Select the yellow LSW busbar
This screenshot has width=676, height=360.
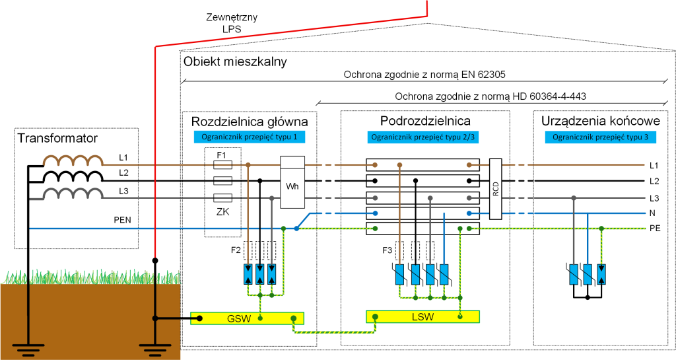click(422, 316)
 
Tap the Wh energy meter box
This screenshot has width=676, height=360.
click(292, 186)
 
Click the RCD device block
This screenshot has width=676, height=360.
click(496, 189)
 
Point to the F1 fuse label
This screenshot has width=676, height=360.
click(222, 155)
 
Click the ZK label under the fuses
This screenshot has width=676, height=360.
click(222, 213)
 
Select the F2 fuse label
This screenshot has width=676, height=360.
click(236, 250)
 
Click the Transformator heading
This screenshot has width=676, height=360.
click(57, 139)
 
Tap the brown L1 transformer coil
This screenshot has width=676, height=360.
click(73, 160)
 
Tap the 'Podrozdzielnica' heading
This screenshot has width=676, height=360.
click(425, 122)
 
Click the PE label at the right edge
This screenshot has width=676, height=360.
click(654, 228)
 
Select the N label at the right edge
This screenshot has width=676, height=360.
click(653, 213)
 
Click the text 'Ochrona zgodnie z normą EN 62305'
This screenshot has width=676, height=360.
click(424, 74)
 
